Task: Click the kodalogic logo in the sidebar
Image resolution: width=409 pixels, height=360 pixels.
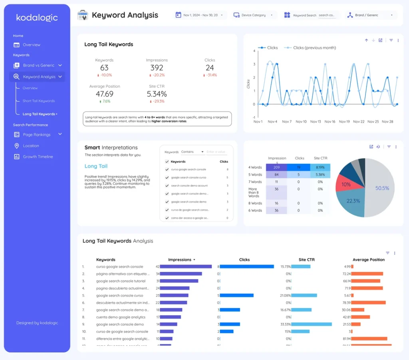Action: pyautogui.click(x=37, y=18)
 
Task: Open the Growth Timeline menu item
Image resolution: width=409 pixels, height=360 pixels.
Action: pyautogui.click(x=38, y=157)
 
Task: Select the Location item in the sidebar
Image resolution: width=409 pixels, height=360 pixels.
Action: pyautogui.click(x=31, y=146)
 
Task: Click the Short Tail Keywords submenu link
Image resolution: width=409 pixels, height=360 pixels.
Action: pyautogui.click(x=38, y=101)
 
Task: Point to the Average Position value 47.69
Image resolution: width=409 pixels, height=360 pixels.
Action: pyautogui.click(x=104, y=94)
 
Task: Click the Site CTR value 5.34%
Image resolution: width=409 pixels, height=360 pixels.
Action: pyautogui.click(x=157, y=94)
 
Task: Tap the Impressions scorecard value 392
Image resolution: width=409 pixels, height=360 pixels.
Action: pyautogui.click(x=157, y=68)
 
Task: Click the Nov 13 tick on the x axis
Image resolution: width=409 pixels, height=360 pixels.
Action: pyautogui.click(x=316, y=121)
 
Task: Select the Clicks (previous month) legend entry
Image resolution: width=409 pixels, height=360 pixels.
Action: pyautogui.click(x=314, y=48)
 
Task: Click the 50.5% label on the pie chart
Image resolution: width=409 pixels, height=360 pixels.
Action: pyautogui.click(x=382, y=188)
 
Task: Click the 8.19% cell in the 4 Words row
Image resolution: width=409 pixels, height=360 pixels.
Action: pyautogui.click(x=320, y=168)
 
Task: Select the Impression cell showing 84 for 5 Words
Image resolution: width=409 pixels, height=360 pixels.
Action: pyautogui.click(x=276, y=175)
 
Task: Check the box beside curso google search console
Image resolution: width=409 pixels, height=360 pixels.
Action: pyautogui.click(x=167, y=170)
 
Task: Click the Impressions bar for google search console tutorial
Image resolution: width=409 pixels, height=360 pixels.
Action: pyautogui.click(x=179, y=281)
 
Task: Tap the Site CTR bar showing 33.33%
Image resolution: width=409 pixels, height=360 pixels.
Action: pyautogui.click(x=312, y=324)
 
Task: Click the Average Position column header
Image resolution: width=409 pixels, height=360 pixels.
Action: pyautogui.click(x=368, y=260)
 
